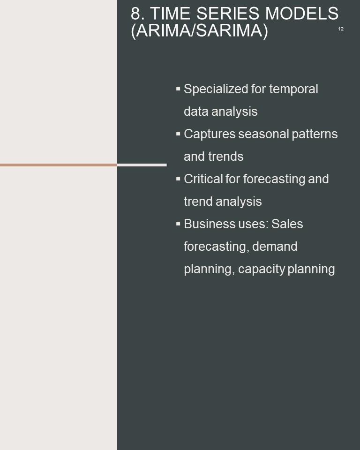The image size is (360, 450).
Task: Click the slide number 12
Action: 341,29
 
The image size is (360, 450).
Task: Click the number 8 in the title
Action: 136,13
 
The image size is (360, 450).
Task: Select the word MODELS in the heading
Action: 302,13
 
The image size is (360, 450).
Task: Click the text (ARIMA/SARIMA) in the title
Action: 199,30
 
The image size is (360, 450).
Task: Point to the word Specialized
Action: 216,89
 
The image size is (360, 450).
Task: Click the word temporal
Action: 293,89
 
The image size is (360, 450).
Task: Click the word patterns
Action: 315,135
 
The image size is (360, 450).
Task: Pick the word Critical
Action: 203,179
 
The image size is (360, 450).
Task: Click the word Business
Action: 209,224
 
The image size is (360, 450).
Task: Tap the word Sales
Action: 287,224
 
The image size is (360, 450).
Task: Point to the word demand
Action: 275,246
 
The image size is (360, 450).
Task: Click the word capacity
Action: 261,270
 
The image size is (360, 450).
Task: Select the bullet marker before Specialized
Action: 178,89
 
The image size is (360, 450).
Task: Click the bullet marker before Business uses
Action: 178,224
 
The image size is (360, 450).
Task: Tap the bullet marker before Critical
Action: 178,179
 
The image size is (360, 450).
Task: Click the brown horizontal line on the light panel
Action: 59,165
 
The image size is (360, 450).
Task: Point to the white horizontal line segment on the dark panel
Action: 142,165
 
